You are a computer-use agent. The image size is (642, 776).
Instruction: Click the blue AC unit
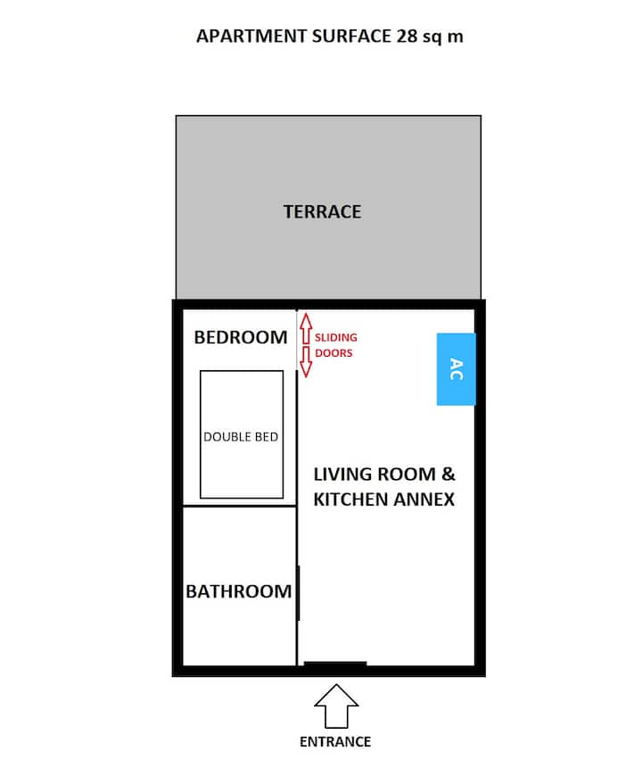tap(456, 369)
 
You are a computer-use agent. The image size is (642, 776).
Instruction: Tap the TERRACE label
tap(322, 211)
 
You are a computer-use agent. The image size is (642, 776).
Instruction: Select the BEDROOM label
tap(241, 337)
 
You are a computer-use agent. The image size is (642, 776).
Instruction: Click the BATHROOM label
tap(238, 591)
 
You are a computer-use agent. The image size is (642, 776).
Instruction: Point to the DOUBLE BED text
tap(241, 437)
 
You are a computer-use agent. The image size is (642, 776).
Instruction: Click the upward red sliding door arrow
tap(306, 328)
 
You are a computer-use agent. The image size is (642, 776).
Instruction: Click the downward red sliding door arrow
tap(306, 362)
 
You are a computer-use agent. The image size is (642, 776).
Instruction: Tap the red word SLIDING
tap(336, 337)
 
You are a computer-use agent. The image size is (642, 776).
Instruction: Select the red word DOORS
tap(333, 353)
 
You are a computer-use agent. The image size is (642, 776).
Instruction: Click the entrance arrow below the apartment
tap(336, 706)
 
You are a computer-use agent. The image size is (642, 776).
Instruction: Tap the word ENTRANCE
tap(335, 742)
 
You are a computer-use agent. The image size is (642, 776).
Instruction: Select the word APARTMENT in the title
tap(251, 37)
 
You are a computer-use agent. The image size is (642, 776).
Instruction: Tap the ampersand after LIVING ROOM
tap(449, 475)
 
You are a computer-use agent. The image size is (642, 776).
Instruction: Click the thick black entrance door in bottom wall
tap(335, 665)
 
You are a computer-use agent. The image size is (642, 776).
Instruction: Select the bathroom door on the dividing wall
tap(299, 593)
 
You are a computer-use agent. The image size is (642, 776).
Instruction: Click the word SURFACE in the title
tap(351, 37)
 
